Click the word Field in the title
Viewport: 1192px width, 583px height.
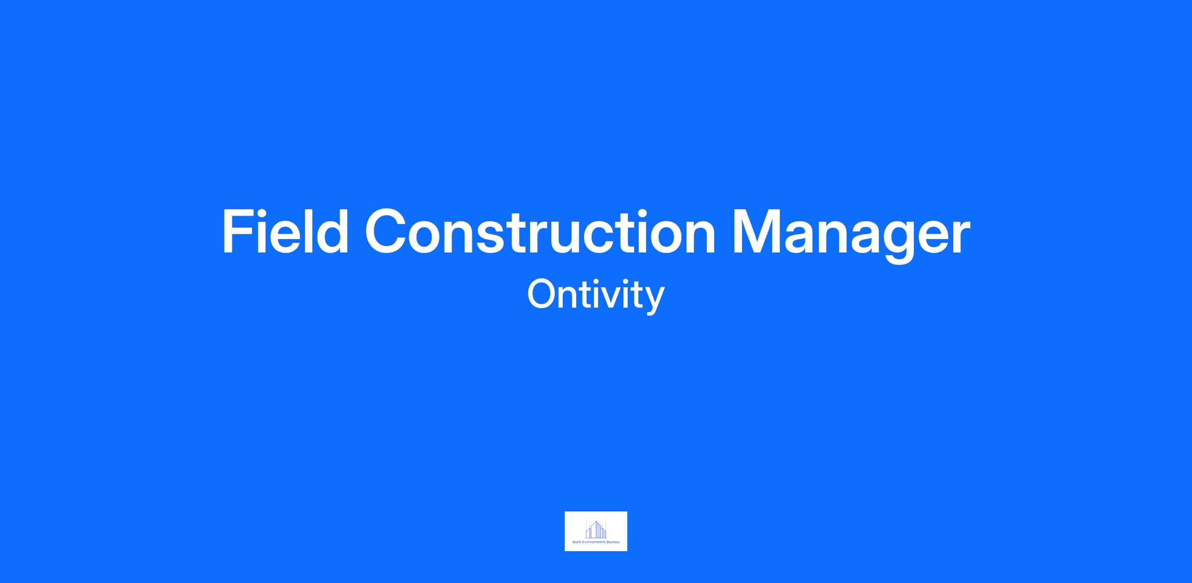(286, 232)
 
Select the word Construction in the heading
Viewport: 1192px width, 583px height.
(540, 232)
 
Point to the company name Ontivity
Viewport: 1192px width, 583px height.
(596, 295)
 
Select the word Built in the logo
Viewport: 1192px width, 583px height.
(577, 542)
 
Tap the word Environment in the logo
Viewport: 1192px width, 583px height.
(594, 542)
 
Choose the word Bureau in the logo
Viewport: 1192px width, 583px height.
(613, 542)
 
